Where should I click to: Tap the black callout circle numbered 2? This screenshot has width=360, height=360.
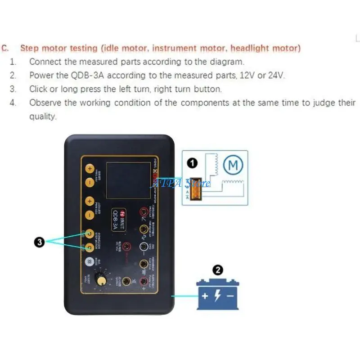coord(218,270)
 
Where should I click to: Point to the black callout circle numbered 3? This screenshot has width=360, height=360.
coord(40,242)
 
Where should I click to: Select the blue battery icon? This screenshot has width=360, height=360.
coord(218,295)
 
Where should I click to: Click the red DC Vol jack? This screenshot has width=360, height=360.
coord(127,246)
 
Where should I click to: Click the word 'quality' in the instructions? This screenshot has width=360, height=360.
coord(43,116)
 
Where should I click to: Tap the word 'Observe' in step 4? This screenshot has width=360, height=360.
coord(45,103)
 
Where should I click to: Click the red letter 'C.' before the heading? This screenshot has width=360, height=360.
coord(5,48)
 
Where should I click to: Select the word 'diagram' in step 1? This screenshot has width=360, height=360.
coord(230,62)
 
